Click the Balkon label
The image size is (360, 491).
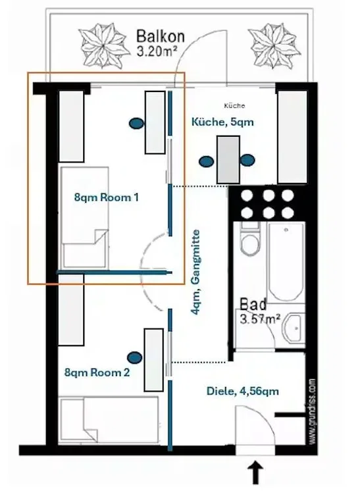coord(161,37)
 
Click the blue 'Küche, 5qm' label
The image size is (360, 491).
coord(222,122)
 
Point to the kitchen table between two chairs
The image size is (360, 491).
coord(228,160)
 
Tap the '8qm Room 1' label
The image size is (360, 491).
coord(106,197)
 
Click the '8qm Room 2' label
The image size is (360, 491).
coord(97,373)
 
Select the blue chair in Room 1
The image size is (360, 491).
coord(136,123)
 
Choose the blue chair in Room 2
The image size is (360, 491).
coord(135,357)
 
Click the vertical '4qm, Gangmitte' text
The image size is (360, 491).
coord(195,272)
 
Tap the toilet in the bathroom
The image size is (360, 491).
coord(250,239)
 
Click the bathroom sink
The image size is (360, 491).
coord(293,328)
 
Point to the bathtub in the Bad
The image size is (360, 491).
coord(286,261)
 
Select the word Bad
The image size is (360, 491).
coord(253,304)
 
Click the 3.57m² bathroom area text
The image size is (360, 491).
coord(260,319)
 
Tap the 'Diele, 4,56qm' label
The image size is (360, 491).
coord(242,392)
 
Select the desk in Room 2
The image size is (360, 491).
coord(154,360)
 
